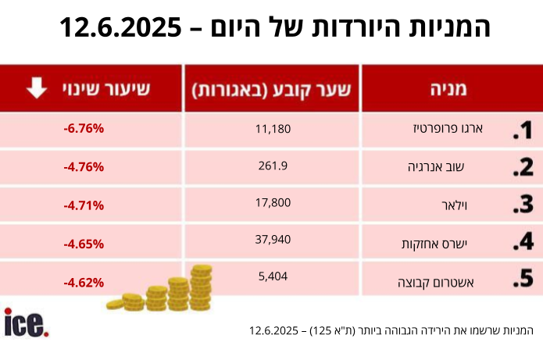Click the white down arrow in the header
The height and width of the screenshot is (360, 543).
(x=37, y=88)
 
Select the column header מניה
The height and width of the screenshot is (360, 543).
(x=448, y=89)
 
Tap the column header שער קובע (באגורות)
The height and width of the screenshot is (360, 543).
(x=272, y=89)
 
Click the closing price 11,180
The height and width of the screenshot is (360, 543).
(x=273, y=128)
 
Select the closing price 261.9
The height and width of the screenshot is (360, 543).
(x=273, y=166)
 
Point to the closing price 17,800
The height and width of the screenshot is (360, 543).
(x=273, y=203)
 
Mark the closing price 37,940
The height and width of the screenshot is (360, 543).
(x=273, y=241)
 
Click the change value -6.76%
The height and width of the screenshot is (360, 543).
(x=84, y=129)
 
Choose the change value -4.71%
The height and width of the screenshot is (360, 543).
(x=84, y=205)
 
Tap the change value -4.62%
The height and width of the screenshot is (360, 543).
(x=84, y=282)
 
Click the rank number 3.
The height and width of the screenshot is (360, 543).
(x=523, y=205)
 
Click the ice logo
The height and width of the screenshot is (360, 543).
(x=26, y=323)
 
